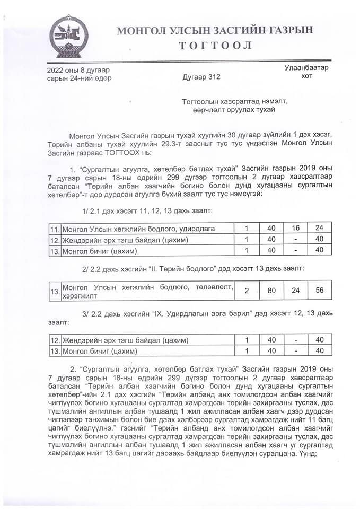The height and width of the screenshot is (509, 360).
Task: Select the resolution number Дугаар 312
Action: tap(201, 77)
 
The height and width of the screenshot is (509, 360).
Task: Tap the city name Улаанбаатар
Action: tap(306, 68)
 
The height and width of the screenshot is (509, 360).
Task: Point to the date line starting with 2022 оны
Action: tap(80, 70)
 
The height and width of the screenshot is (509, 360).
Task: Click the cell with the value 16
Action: tap(295, 228)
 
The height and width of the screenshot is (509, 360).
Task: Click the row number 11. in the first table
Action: tap(54, 229)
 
